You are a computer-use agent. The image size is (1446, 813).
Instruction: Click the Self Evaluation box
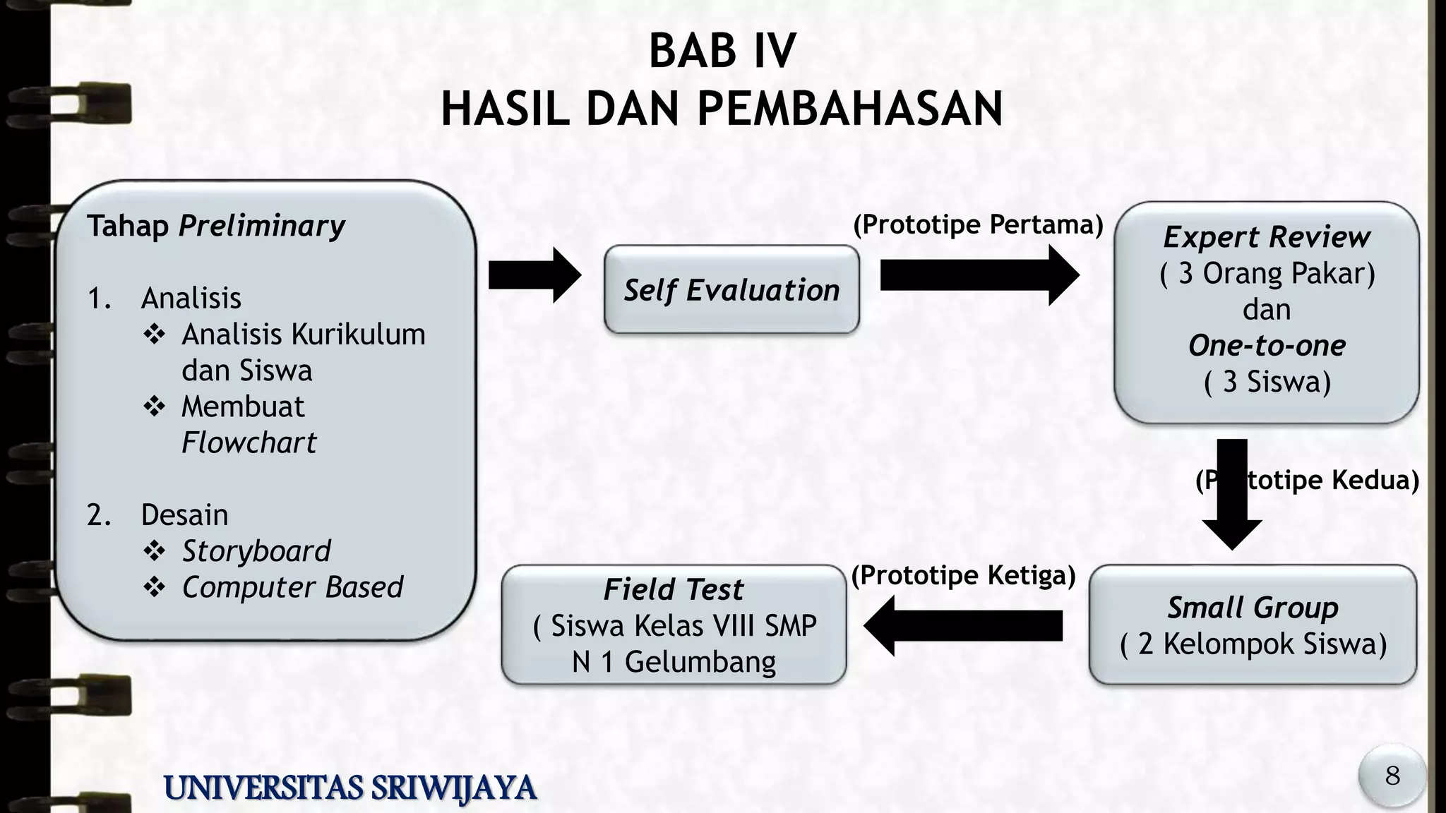(731, 290)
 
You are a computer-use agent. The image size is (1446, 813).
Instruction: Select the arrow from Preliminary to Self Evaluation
(534, 275)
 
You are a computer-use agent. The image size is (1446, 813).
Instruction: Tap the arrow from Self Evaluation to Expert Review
(979, 275)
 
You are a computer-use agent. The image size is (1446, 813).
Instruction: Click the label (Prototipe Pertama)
(978, 224)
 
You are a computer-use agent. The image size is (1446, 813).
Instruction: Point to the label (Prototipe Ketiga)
(963, 575)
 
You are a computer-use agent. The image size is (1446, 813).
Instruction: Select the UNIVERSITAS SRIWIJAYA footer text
(350, 788)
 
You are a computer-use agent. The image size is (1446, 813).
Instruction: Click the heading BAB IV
(722, 52)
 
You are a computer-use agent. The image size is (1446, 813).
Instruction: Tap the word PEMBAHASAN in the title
(850, 109)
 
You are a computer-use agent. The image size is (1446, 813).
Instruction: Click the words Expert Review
(1267, 237)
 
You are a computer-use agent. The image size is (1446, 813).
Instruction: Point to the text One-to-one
(1267, 346)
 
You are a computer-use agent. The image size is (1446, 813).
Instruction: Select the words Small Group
(1253, 608)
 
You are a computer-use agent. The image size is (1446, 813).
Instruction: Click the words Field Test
(674, 589)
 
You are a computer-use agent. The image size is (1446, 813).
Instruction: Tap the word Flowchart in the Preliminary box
(249, 442)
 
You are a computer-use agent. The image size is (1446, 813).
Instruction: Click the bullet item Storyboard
(256, 551)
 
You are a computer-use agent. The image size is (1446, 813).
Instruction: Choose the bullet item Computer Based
(292, 587)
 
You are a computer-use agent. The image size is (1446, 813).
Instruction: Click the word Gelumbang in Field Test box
(700, 662)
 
